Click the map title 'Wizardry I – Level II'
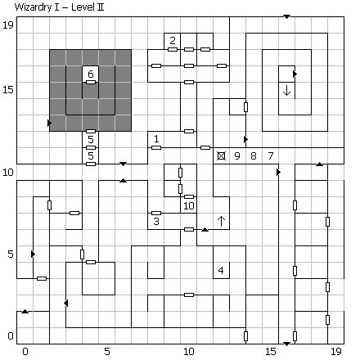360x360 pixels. [59, 7]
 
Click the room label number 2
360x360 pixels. [173, 41]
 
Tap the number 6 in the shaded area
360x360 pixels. [91, 74]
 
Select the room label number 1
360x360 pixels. [156, 139]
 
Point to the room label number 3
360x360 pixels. [156, 221]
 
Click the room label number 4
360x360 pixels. [221, 270]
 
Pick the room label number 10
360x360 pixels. [189, 205]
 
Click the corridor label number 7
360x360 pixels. [270, 155]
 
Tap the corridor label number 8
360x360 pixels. [254, 155]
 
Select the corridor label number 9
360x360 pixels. [237, 155]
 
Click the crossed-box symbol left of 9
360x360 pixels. [221, 156]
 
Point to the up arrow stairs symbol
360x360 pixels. [221, 221]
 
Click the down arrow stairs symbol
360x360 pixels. [286, 90]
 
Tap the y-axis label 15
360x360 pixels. [8, 90]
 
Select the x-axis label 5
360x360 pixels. [107, 352]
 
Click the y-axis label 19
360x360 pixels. [8, 25]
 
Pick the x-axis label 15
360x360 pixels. [271, 352]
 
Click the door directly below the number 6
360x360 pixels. [91, 82]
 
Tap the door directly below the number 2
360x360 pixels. [173, 49]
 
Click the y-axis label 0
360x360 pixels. [11, 335]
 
